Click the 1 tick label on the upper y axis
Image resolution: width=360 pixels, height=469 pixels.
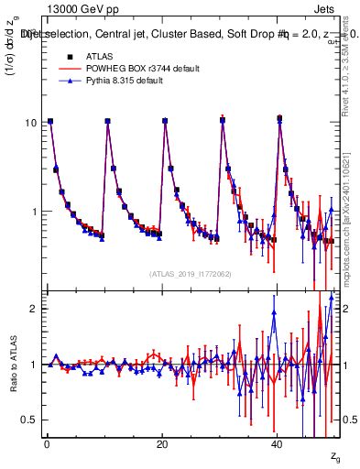(33, 212)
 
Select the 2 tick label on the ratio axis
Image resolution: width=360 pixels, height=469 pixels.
(33, 309)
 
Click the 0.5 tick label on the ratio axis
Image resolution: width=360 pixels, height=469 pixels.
(29, 420)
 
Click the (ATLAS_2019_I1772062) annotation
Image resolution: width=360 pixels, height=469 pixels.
(190, 274)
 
